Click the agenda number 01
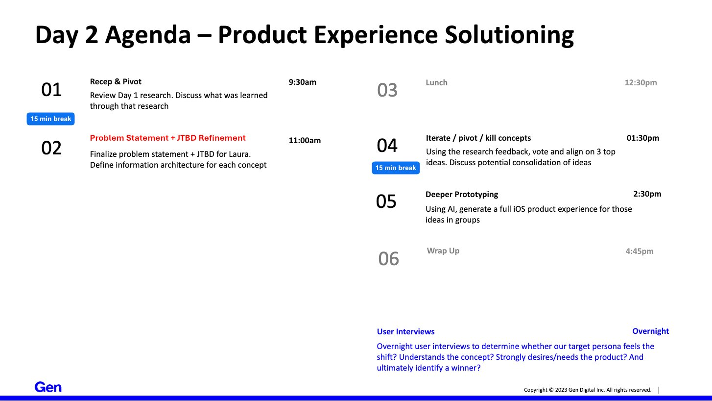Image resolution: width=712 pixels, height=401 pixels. point(51,90)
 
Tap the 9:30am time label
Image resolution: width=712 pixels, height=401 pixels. point(302,82)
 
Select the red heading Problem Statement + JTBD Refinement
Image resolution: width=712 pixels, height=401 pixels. point(168,138)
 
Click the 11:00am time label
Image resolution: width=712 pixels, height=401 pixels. point(305,140)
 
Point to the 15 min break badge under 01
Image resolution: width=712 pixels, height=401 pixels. point(50,119)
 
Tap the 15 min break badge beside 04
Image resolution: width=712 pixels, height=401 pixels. point(396,168)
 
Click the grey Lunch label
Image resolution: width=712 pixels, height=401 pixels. point(436,82)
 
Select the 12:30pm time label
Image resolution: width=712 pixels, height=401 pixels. point(641,82)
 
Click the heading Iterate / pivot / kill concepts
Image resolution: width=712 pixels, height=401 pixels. point(478,138)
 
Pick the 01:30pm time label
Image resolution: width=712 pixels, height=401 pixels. point(642,138)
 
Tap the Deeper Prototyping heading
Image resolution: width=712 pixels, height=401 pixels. point(462,194)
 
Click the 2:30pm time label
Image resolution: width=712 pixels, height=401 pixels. point(647,194)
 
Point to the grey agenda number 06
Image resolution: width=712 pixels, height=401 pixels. point(388,258)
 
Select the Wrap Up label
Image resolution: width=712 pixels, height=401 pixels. point(443,251)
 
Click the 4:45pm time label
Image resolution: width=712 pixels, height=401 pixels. point(640,251)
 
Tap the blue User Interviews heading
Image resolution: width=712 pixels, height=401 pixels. point(405,331)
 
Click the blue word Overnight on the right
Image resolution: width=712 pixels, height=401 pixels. point(651,331)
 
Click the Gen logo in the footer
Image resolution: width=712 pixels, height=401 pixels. point(48,387)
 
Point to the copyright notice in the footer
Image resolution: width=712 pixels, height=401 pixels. point(588,390)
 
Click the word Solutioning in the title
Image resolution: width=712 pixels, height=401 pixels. point(509,35)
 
